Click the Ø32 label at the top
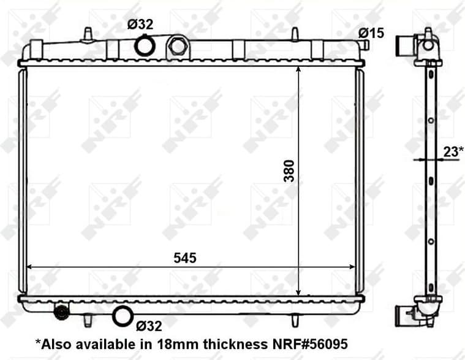coord(140,25)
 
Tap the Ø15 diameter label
coord(372,33)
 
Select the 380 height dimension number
coord(289,171)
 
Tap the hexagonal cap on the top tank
coord(178,46)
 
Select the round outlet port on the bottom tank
coord(123,316)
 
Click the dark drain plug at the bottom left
coord(61,313)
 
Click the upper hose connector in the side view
coord(405,45)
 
